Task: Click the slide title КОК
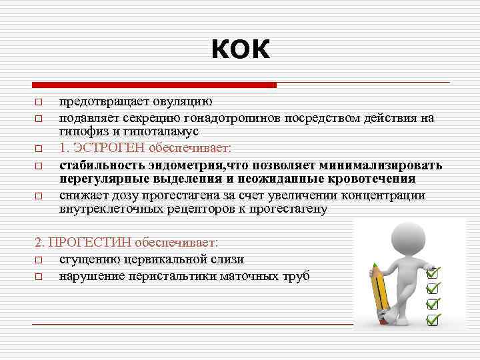[241, 49]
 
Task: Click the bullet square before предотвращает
[39, 102]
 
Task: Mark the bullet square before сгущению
[39, 260]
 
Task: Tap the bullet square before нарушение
[39, 276]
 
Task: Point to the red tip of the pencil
[375, 270]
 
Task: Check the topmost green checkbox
[433, 273]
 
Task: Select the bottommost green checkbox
[433, 319]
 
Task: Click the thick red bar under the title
[154, 85]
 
